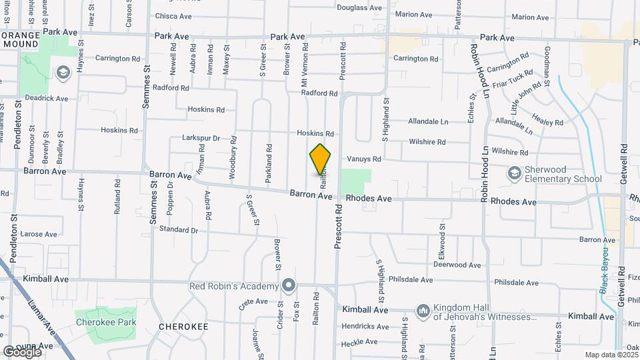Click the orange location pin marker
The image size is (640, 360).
tap(321, 159)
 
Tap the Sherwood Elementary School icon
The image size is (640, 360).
tap(514, 173)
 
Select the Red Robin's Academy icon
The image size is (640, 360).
tap(288, 286)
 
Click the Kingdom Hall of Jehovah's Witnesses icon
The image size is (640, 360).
tap(423, 311)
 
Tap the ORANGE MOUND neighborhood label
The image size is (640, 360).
tap(19, 39)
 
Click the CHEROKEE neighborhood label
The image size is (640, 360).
tap(184, 327)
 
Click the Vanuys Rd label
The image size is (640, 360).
tap(364, 159)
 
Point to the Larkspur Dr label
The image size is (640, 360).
tap(201, 138)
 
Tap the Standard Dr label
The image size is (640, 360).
tap(179, 230)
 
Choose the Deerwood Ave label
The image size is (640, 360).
tap(457, 265)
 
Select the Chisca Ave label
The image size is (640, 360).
tap(173, 16)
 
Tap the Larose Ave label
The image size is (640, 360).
tap(39, 234)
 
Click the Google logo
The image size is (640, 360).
tap(21, 351)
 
